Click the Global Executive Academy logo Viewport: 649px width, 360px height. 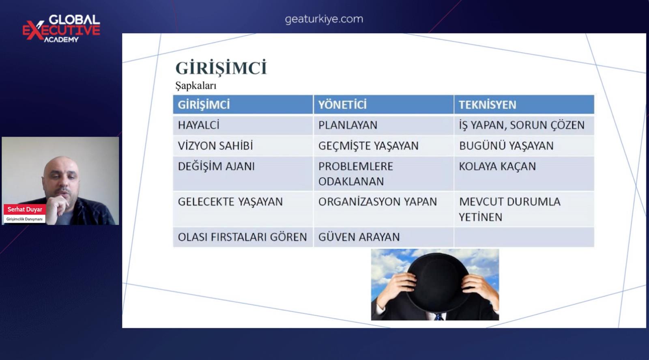pyautogui.click(x=61, y=28)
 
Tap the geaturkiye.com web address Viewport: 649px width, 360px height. pyautogui.click(x=324, y=19)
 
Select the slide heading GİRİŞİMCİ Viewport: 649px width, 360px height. pyautogui.click(x=221, y=68)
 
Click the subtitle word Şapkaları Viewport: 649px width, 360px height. pyautogui.click(x=196, y=86)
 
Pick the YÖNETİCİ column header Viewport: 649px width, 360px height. pyautogui.click(x=383, y=104)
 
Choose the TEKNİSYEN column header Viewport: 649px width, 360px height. pyautogui.click(x=524, y=104)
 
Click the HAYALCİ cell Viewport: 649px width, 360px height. pyautogui.click(x=243, y=125)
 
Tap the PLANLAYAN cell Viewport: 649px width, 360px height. pyautogui.click(x=383, y=125)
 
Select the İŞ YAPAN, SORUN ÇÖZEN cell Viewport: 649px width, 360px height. pyautogui.click(x=524, y=125)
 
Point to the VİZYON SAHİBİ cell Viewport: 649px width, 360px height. pyautogui.click(x=243, y=146)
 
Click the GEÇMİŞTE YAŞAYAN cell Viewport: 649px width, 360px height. pyautogui.click(x=383, y=146)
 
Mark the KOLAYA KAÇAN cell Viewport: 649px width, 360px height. pyautogui.click(x=524, y=174)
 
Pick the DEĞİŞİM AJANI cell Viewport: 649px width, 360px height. pyautogui.click(x=243, y=174)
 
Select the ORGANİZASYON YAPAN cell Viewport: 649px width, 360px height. pyautogui.click(x=383, y=209)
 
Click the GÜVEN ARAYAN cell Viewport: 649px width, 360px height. pyautogui.click(x=383, y=237)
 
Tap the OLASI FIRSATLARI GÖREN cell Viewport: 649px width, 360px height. pyautogui.click(x=243, y=237)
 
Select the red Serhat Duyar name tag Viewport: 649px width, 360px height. pyautogui.click(x=25, y=209)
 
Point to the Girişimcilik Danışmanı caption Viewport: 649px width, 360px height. pyautogui.click(x=24, y=219)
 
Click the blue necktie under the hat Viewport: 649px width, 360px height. pyautogui.click(x=439, y=317)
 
